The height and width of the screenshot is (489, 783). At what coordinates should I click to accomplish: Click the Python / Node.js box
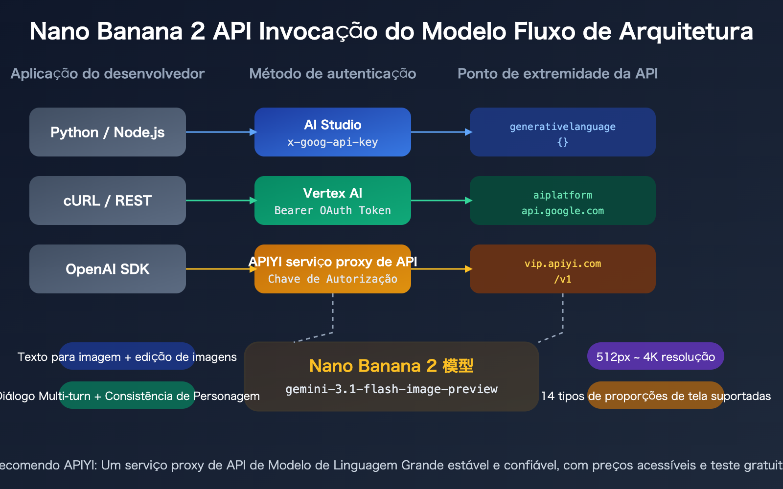[x=108, y=132]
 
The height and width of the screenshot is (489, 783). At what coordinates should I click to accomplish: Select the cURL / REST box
[x=108, y=200]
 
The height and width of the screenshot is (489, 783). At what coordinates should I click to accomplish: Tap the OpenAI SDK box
[x=108, y=269]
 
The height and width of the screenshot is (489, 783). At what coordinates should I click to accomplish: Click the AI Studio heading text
[x=333, y=125]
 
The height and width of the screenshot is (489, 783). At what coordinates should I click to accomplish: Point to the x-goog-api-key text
[x=333, y=142]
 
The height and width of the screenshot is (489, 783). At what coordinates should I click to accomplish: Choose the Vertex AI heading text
[x=333, y=193]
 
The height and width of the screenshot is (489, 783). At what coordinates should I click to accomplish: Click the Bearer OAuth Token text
[x=333, y=211]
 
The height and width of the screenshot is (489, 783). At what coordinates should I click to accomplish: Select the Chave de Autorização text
[x=333, y=279]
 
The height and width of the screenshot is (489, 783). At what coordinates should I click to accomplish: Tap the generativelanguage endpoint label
[x=563, y=127]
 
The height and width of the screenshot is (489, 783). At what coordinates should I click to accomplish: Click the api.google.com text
[x=563, y=211]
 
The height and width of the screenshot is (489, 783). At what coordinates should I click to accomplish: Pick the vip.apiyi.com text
[x=563, y=264]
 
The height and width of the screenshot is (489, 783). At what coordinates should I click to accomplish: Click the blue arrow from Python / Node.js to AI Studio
[x=220, y=132]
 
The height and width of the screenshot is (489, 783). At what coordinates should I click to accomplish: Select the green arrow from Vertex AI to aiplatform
[x=440, y=200]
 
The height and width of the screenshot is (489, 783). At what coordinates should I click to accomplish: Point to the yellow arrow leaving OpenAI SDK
[x=220, y=269]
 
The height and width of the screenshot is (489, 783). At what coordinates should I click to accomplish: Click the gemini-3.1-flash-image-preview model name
[x=391, y=389]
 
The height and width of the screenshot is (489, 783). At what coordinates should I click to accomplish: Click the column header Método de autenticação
[x=333, y=74]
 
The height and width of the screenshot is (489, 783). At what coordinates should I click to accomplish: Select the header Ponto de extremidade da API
[x=557, y=74]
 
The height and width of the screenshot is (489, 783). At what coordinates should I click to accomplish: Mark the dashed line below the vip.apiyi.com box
[x=563, y=313]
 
